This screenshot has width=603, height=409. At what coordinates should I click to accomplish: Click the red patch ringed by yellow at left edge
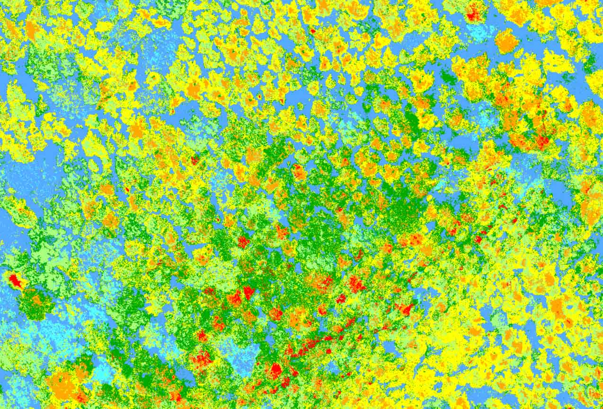tap(15, 280)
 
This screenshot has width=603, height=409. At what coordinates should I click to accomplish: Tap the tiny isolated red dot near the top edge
tap(312, 31)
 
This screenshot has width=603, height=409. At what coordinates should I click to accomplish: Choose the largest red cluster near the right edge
tap(542, 140)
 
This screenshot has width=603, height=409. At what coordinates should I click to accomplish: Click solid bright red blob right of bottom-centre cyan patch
tap(275, 370)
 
